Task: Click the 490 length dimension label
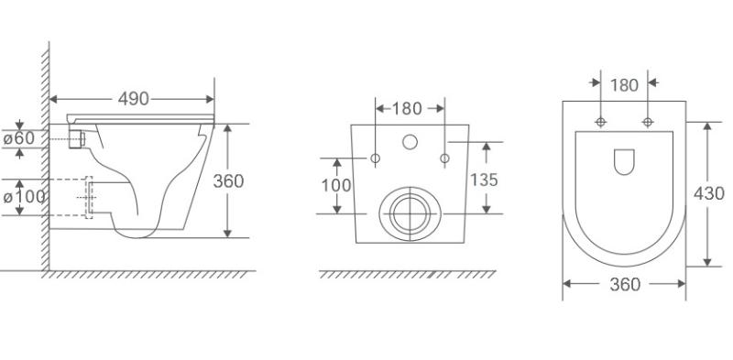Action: [x=133, y=99]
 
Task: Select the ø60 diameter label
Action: [x=19, y=138]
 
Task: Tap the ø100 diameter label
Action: [x=25, y=197]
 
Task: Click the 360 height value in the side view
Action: [x=228, y=181]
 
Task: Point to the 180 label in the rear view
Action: [x=407, y=108]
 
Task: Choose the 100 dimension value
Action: [x=336, y=186]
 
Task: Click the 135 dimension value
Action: [x=484, y=180]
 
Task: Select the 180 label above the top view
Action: [x=624, y=85]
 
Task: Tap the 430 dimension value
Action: [x=708, y=193]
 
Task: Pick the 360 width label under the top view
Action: [x=625, y=284]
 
